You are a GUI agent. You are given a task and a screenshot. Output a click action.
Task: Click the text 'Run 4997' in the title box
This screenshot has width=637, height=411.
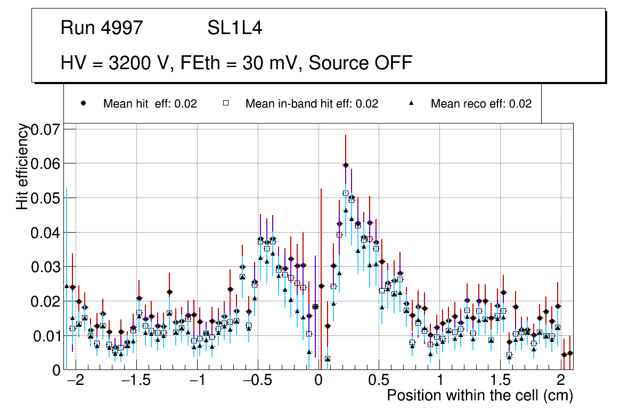click(102, 28)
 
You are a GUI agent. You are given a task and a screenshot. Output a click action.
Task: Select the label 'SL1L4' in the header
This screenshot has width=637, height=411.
click(234, 28)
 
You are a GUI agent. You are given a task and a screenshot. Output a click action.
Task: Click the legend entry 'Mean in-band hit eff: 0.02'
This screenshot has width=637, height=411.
click(312, 104)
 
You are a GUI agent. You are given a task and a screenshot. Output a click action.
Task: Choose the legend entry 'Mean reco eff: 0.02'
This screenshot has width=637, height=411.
click(481, 104)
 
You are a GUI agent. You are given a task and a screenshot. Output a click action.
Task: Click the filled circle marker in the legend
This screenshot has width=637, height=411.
click(83, 103)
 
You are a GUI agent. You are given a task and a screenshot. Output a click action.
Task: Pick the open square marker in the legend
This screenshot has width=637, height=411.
click(225, 103)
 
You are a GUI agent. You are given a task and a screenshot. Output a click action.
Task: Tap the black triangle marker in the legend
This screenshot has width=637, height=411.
click(411, 103)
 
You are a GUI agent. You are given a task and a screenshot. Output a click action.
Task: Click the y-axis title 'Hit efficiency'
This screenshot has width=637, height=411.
click(22, 166)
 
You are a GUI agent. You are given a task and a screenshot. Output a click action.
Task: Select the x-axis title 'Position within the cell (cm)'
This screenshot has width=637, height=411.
click(479, 396)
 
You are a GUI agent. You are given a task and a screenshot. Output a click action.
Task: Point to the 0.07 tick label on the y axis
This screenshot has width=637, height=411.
click(46, 129)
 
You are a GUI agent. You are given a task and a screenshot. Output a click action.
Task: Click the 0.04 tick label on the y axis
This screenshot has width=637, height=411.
click(46, 233)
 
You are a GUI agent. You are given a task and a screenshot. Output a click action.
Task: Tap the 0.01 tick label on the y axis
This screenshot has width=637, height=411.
click(46, 336)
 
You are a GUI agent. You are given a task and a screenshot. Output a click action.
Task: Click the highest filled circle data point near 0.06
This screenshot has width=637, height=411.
click(346, 165)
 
